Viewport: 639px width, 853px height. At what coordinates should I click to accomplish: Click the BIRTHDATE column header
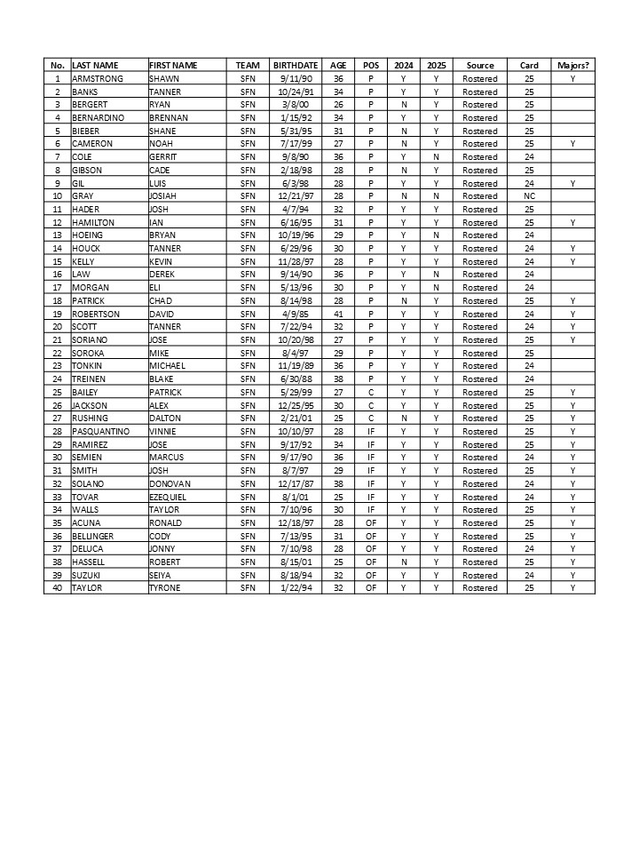[x=296, y=65]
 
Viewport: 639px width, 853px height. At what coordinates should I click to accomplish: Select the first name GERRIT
[x=163, y=156]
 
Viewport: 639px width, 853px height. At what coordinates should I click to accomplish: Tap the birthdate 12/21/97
[x=296, y=195]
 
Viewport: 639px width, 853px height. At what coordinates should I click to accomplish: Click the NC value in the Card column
[x=529, y=195]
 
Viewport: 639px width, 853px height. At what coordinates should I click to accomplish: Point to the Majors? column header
[x=572, y=65]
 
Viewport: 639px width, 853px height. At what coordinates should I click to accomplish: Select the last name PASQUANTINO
[x=100, y=431]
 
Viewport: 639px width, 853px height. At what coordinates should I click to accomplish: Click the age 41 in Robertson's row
[x=338, y=313]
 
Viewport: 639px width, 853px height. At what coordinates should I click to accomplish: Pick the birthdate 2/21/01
[x=296, y=418]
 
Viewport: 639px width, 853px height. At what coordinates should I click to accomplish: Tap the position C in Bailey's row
[x=370, y=392]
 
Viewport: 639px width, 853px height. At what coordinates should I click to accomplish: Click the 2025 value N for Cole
[x=436, y=156]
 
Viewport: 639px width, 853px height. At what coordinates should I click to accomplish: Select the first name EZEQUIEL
[x=169, y=496]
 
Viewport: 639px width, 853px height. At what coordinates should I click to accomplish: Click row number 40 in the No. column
[x=58, y=587]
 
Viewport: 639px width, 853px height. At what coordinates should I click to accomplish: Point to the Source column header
[x=480, y=65]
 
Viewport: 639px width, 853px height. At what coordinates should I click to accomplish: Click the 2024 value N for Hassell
[x=404, y=562]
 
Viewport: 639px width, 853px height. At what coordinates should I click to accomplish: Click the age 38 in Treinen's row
[x=338, y=379]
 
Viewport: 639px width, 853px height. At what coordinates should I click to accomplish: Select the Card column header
[x=529, y=65]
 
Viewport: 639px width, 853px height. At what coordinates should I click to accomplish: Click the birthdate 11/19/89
[x=296, y=365]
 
